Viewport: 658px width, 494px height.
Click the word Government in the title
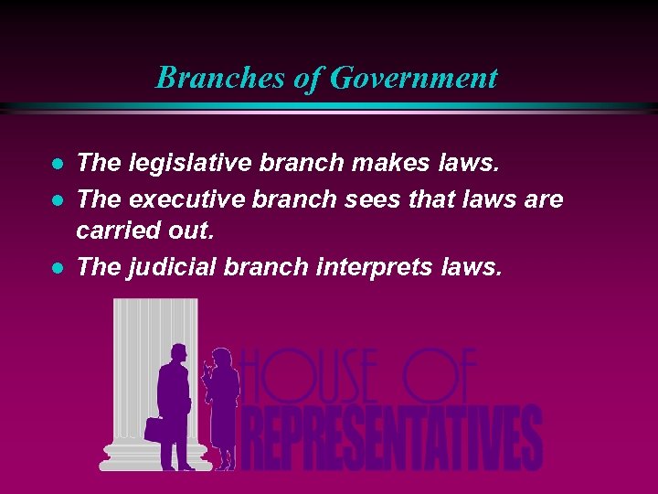tap(413, 78)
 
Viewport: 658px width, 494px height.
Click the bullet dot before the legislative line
tap(57, 165)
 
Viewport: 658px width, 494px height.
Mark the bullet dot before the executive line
tap(57, 199)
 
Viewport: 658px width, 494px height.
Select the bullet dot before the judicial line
tap(57, 267)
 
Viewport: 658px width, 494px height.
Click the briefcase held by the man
tap(154, 428)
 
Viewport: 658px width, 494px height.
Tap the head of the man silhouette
tap(178, 354)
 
